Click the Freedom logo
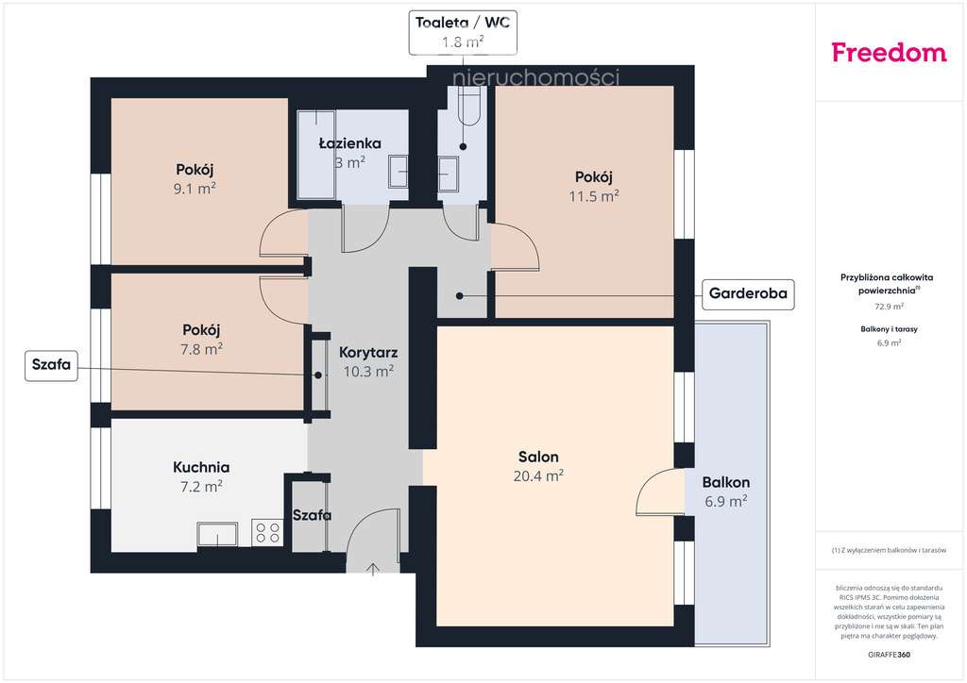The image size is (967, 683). tap(889, 53)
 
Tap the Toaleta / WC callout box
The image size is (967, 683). tap(462, 31)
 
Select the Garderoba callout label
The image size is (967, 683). tap(748, 294)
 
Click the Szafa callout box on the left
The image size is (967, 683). tap(52, 365)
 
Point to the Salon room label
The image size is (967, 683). tap(537, 457)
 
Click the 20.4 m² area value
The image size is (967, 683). tap(537, 476)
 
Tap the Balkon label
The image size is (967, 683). tap(725, 482)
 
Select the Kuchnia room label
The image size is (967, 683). tap(201, 467)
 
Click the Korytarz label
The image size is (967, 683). tap(367, 352)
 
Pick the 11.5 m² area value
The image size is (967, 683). tap(594, 196)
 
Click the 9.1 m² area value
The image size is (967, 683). tap(195, 188)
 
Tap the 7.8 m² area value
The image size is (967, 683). tap(200, 349)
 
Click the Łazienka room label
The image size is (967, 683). tap(349, 143)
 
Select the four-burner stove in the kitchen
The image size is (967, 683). tap(267, 533)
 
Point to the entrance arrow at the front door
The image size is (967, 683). tap(373, 568)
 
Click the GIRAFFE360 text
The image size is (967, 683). tap(888, 654)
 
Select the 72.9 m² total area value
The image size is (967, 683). tap(888, 307)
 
